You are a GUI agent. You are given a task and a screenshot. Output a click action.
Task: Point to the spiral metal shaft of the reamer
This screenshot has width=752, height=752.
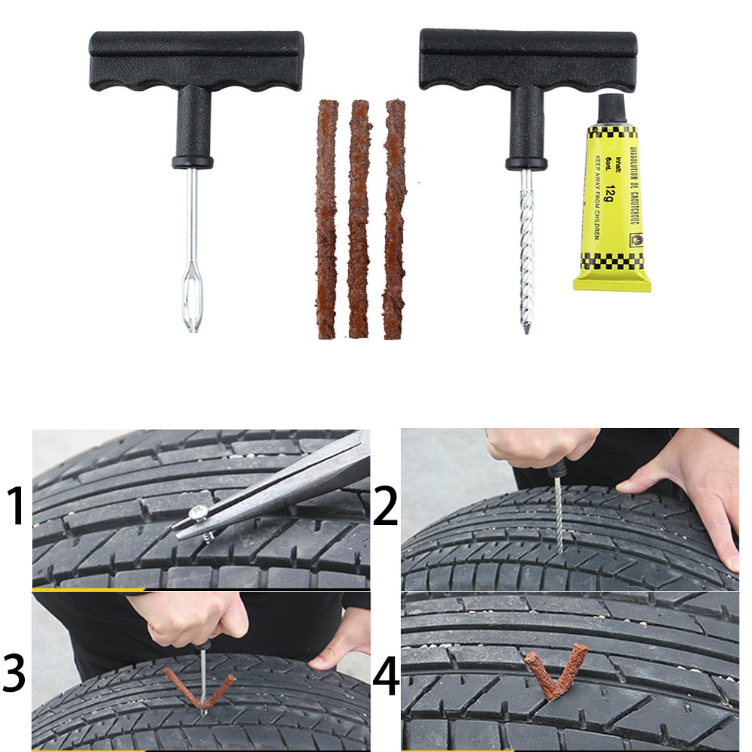click(526, 248)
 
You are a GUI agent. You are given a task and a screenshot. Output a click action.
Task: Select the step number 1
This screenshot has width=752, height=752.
click(17, 507)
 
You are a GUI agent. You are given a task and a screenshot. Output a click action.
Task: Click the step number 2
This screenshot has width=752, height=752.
click(385, 507)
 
